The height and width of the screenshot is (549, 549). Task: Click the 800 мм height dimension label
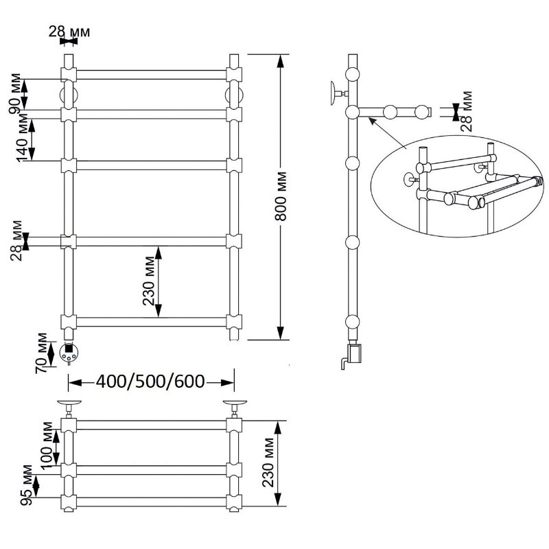(281, 196)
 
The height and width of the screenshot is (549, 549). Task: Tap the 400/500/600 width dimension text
(150, 382)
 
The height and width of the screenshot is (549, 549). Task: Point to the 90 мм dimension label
(14, 94)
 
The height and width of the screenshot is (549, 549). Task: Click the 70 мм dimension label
(41, 353)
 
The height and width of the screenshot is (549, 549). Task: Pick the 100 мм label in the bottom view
(46, 447)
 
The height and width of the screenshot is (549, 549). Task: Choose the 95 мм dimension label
(26, 485)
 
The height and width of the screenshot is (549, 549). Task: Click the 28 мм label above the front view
(69, 32)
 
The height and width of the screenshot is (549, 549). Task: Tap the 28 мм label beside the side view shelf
(467, 111)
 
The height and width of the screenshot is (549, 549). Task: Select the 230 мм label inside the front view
(149, 281)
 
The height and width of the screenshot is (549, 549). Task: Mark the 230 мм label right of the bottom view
(268, 462)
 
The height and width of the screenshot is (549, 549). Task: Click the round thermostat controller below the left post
(68, 353)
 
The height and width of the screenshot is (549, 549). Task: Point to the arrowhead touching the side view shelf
(372, 121)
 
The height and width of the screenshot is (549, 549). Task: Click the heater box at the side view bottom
(355, 353)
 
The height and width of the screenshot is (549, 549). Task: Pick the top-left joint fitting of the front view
(69, 74)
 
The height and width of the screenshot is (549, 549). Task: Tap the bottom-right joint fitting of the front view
(234, 322)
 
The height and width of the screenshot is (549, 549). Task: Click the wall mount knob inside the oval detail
(410, 180)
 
